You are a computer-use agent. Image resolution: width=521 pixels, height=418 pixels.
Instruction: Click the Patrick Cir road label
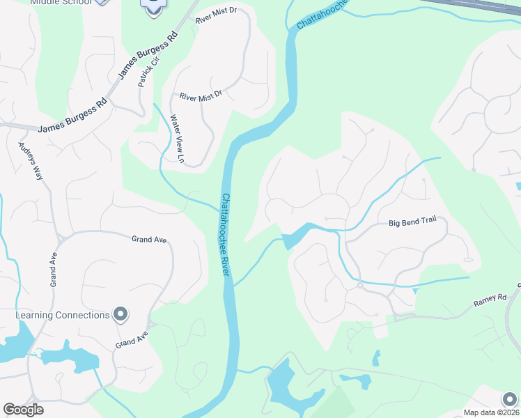146,72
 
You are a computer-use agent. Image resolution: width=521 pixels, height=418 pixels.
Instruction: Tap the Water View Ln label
176,139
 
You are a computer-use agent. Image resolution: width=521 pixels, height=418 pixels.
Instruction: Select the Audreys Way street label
31,162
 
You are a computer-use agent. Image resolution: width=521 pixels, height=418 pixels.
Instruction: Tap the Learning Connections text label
63,315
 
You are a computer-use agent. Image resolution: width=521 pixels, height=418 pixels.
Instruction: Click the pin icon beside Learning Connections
120,315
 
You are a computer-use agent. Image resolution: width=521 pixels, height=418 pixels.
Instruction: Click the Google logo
23,410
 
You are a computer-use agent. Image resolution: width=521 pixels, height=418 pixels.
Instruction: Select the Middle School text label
61,2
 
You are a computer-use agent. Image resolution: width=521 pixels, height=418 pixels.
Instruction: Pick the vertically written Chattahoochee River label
225,234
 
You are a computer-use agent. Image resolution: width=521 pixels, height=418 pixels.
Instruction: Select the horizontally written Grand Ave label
149,240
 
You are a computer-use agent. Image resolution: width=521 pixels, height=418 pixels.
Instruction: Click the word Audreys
26,154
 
